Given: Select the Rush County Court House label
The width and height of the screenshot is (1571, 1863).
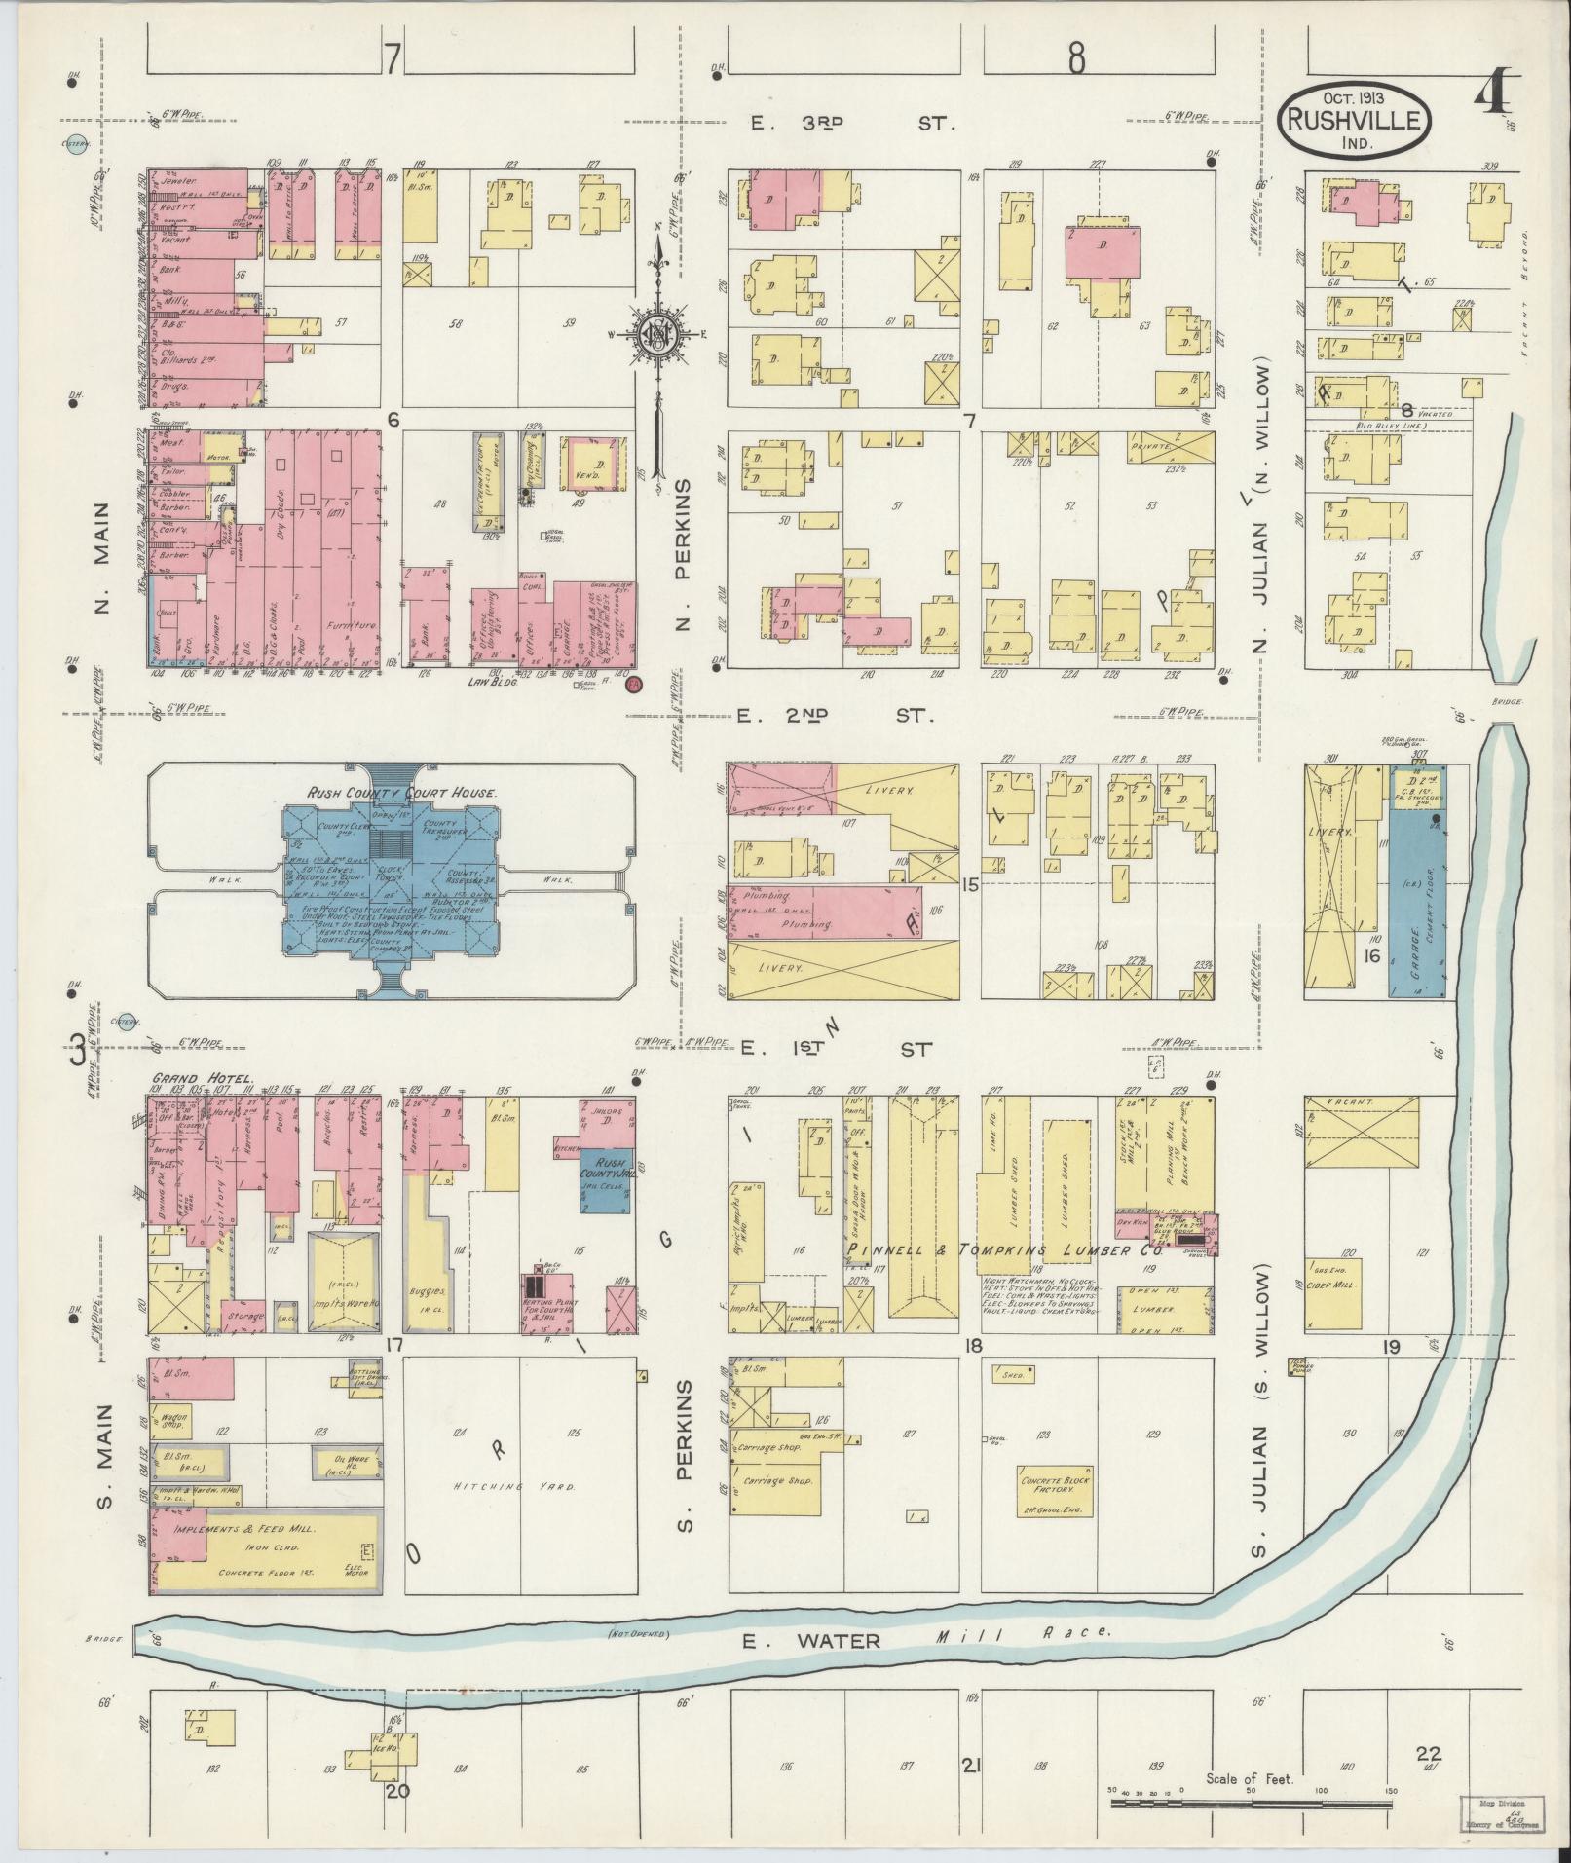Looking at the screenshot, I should (x=401, y=793).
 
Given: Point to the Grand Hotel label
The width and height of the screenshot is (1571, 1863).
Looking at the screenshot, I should (x=204, y=1079).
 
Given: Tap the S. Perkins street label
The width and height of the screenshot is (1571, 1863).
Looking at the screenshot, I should (x=685, y=1456).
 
